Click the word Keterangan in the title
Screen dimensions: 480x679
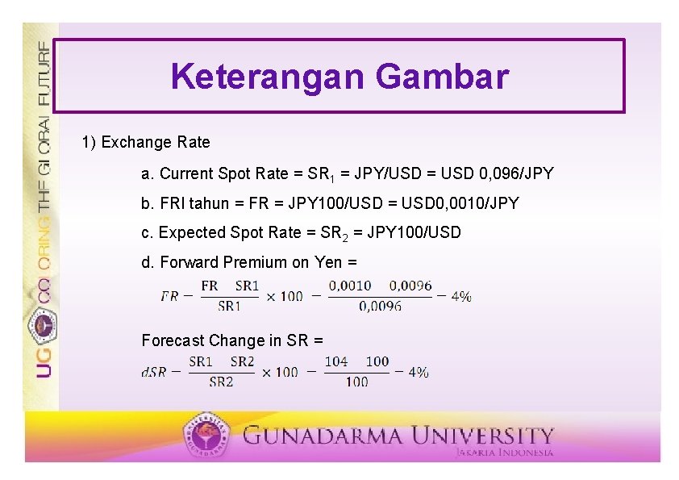tap(268, 77)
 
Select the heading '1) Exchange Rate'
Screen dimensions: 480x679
tap(145, 143)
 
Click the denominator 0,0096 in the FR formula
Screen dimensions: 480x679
tap(381, 306)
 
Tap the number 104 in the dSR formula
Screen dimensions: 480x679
tap(336, 361)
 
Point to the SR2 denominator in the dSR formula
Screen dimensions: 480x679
tap(221, 382)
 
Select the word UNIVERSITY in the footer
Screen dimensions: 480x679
tap(483, 436)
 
